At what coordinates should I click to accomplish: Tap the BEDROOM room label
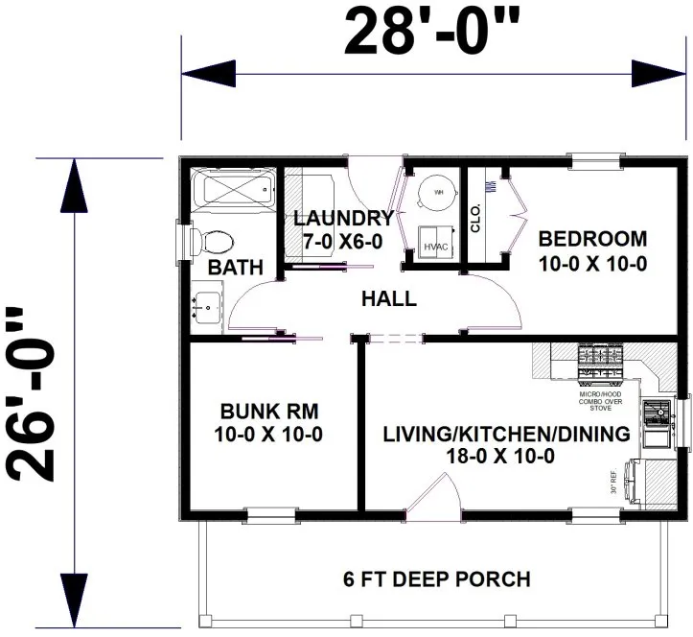tap(591, 238)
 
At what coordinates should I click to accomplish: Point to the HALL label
tap(388, 299)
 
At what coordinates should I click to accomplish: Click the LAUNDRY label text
tap(343, 218)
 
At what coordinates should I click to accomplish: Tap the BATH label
tap(235, 268)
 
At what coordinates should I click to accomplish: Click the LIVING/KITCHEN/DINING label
tap(506, 434)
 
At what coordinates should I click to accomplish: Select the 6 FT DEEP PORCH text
tap(436, 579)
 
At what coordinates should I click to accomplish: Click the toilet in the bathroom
tap(212, 239)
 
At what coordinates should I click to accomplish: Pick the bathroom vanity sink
tap(206, 306)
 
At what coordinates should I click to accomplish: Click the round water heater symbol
tap(439, 192)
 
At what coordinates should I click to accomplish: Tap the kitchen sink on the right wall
tap(658, 415)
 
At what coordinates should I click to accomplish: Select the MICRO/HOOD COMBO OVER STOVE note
tap(602, 400)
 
